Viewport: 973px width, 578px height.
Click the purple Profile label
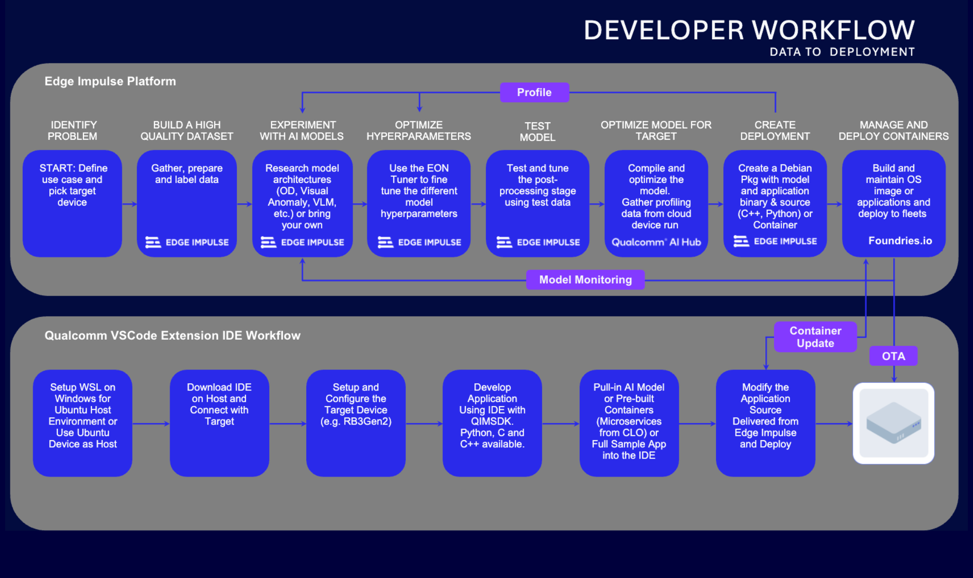(x=534, y=92)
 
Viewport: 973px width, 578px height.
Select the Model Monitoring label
(x=585, y=280)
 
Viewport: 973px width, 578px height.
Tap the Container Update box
(x=815, y=337)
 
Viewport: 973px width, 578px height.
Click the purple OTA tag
(x=893, y=356)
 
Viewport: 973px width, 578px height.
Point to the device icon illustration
(x=893, y=423)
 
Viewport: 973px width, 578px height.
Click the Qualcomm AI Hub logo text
(x=656, y=242)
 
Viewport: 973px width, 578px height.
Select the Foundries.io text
(x=900, y=241)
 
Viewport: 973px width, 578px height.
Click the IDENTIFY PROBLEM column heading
(x=73, y=130)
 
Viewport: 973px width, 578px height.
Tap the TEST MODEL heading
(x=537, y=131)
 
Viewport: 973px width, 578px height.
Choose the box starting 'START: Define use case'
(x=73, y=204)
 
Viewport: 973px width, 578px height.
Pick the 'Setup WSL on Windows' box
(x=82, y=423)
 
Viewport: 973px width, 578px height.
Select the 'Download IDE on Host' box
(x=219, y=423)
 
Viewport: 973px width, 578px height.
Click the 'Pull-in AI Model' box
(x=629, y=423)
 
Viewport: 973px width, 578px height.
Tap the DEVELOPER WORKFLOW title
(x=749, y=30)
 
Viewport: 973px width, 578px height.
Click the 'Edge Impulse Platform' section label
(x=110, y=81)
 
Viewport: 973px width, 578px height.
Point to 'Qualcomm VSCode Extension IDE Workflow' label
(x=172, y=335)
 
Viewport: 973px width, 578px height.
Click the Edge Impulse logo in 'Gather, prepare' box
(x=187, y=242)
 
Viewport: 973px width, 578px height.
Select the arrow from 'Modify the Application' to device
(x=834, y=424)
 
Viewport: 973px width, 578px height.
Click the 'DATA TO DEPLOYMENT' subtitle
(x=842, y=52)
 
